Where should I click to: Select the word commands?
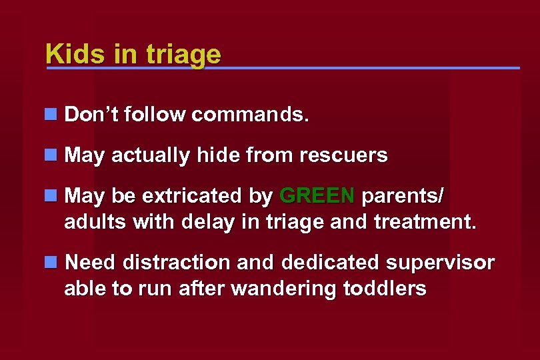pyautogui.click(x=250, y=115)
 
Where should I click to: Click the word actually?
pyautogui.click(x=151, y=156)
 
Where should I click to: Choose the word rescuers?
pyautogui.click(x=343, y=155)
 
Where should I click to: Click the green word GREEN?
pyautogui.click(x=317, y=196)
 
